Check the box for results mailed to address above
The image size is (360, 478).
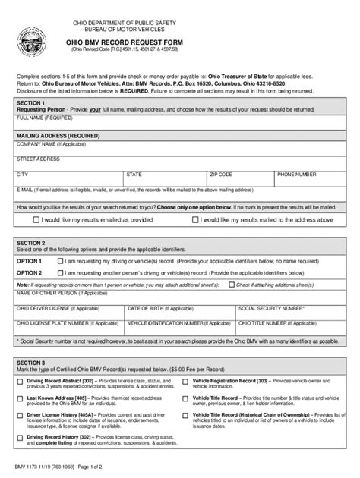click(196, 219)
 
